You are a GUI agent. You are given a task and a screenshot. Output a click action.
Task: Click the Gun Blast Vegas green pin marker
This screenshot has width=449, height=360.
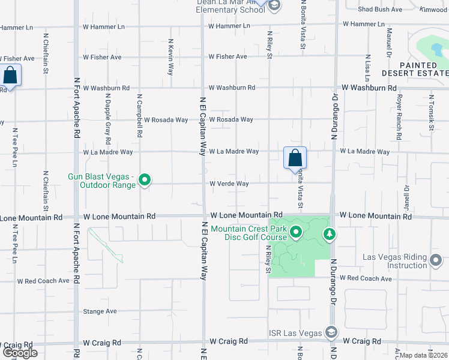pos(144,179)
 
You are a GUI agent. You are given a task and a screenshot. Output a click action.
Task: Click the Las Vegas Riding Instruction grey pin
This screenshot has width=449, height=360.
pos(436,260)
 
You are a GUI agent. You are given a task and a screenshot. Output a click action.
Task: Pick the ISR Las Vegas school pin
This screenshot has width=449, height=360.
pos(331,332)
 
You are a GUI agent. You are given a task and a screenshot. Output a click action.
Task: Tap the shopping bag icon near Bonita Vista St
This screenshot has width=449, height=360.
pos(295,158)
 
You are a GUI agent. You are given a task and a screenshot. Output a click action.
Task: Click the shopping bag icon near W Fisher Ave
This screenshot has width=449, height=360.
pos(10,76)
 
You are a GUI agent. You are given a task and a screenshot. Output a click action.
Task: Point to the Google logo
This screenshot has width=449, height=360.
pos(20,353)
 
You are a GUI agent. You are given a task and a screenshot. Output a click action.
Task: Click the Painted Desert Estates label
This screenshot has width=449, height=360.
pos(421,69)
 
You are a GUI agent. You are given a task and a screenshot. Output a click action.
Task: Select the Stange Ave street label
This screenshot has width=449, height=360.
pos(100,311)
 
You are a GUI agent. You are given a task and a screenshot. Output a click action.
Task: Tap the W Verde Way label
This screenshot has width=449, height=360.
pos(229,184)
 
